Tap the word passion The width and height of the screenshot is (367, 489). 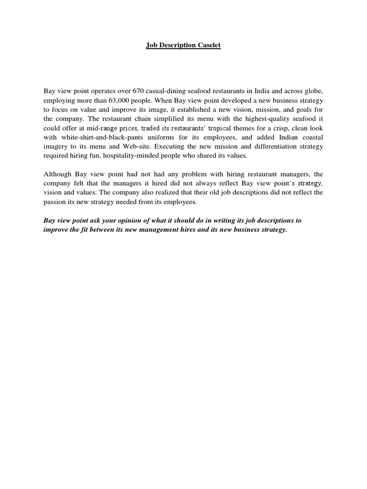coord(55,202)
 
